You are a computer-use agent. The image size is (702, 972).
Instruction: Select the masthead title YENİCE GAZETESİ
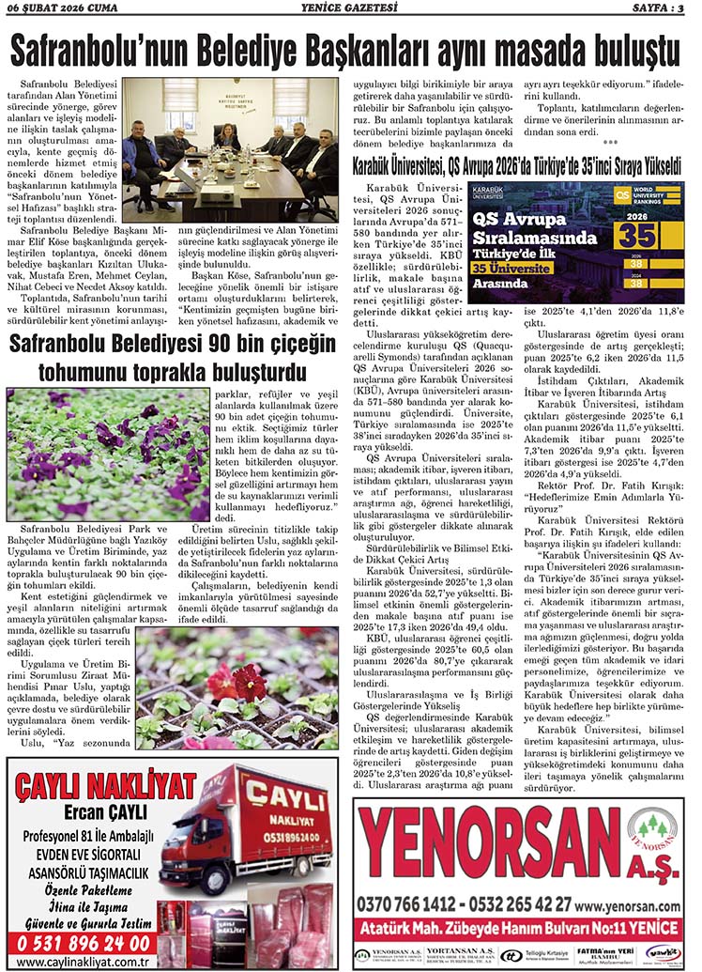coord(349,9)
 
